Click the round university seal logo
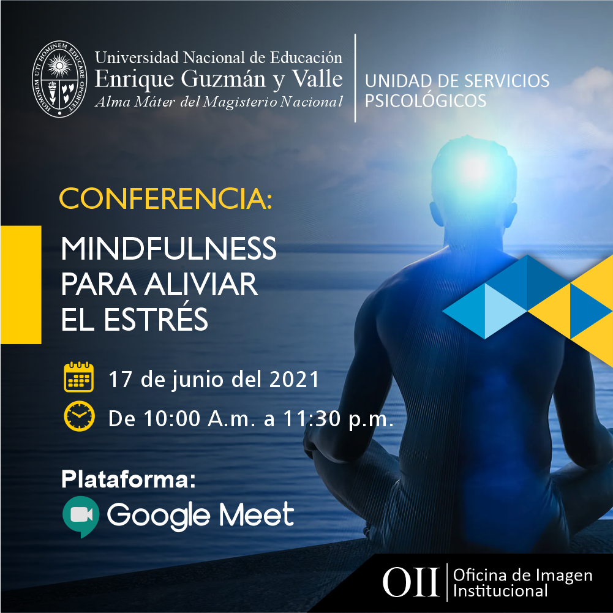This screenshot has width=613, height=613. pyautogui.click(x=59, y=78)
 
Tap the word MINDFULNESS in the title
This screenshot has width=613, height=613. pyautogui.click(x=168, y=248)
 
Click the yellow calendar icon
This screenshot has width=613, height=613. pyautogui.click(x=78, y=377)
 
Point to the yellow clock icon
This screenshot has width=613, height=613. pyautogui.click(x=79, y=416)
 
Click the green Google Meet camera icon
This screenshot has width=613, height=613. pyautogui.click(x=81, y=516)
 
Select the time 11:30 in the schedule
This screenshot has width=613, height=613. pyautogui.click(x=312, y=419)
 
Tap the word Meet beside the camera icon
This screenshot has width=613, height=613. pyautogui.click(x=257, y=514)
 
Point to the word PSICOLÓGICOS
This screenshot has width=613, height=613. pyautogui.click(x=426, y=101)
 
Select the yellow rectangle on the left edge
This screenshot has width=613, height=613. pyautogui.click(x=21, y=285)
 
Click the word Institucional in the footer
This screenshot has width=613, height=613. pyautogui.click(x=500, y=591)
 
